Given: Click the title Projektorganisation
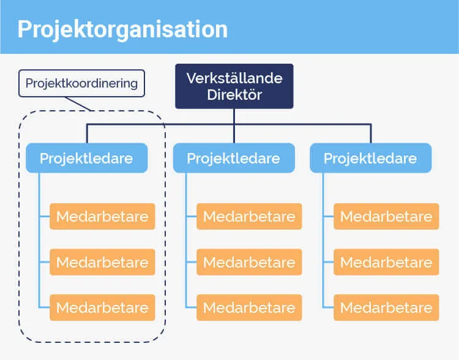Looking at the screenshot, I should [122, 29].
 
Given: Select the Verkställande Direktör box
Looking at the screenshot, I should [234, 86].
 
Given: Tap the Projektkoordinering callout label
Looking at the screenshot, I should [81, 83].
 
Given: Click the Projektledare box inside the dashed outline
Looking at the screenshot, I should [86, 158].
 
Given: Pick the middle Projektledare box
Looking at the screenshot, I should [233, 159].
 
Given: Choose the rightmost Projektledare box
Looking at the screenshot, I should [370, 159].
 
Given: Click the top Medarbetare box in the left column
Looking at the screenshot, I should [102, 216].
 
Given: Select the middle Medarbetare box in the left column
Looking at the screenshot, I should [102, 262].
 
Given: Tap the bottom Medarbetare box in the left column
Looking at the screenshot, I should [102, 307].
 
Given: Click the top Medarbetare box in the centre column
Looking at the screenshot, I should [249, 216].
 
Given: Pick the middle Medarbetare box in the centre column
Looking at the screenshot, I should [249, 262].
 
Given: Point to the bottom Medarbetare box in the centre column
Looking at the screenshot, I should [249, 307].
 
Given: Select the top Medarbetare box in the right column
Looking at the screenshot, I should [386, 216].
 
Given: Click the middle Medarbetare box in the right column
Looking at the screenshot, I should [386, 262].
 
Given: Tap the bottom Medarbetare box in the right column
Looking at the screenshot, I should [386, 307].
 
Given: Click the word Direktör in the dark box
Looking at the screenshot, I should [234, 95].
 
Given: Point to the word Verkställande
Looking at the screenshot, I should [234, 78].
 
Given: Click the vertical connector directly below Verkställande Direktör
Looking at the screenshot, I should [234, 117].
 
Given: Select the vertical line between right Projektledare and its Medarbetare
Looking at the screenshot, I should [323, 239].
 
